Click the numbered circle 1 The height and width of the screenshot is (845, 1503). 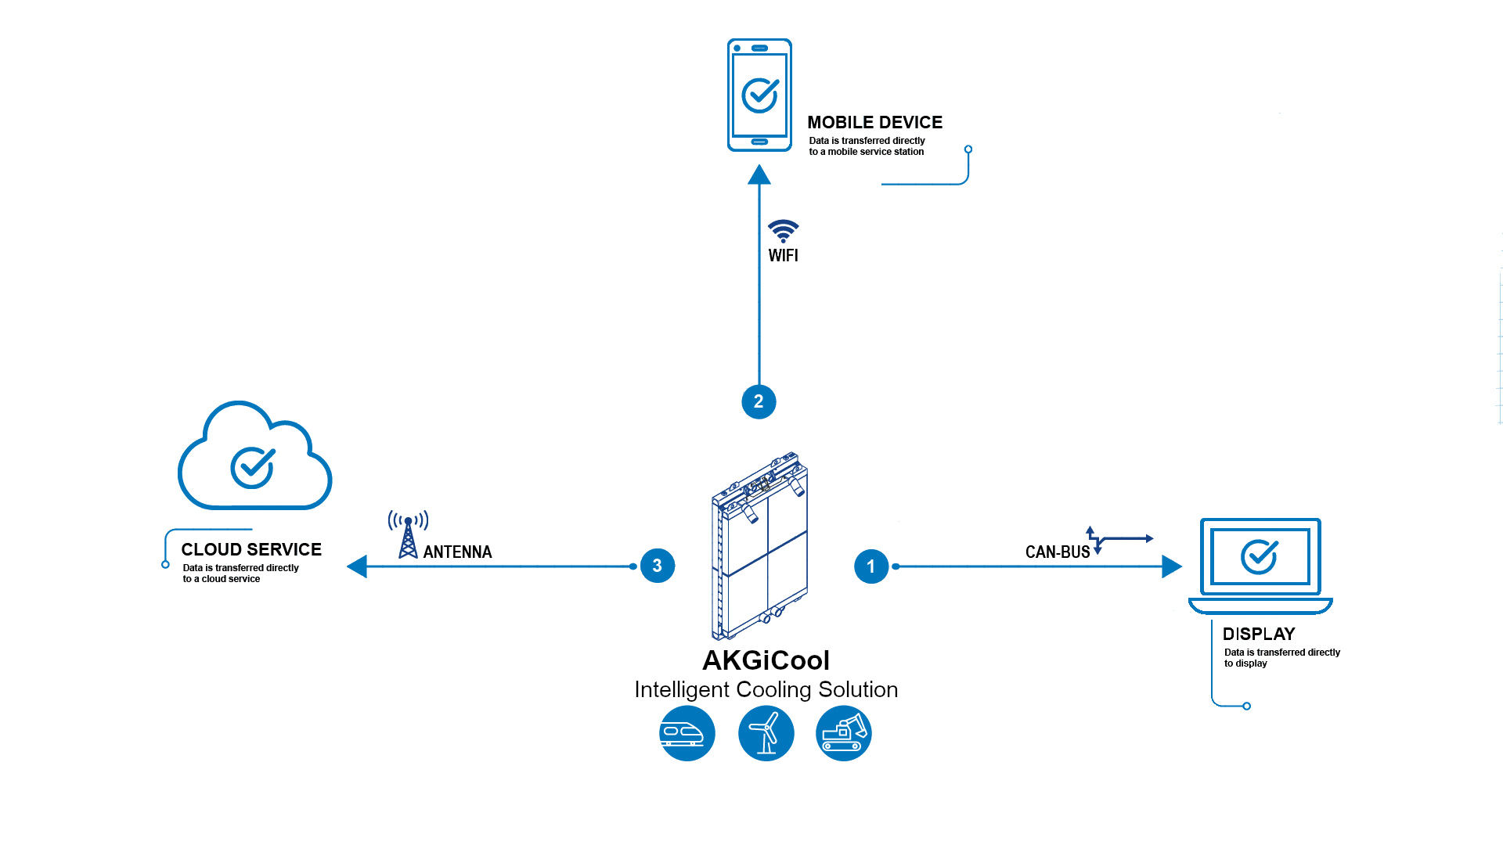point(871,566)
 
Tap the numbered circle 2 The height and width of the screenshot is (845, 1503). point(759,402)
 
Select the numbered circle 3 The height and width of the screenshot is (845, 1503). point(658,566)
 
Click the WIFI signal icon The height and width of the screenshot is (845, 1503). point(783,231)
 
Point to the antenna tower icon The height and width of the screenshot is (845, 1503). point(408,534)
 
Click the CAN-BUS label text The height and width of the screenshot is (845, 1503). point(1058,552)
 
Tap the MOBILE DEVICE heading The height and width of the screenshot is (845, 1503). point(875,123)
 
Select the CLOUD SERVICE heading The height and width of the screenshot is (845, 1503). point(251,550)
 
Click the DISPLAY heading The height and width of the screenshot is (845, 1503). point(1259,635)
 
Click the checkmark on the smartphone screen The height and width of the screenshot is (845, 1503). point(760,95)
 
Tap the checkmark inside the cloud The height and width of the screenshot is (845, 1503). point(253,468)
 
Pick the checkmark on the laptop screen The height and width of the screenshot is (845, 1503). point(1260,557)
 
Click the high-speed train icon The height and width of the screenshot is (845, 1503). point(687,733)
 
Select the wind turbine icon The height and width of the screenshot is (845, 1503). point(766,733)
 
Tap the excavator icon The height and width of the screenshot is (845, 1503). point(844,733)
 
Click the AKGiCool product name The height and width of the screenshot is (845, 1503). point(766,660)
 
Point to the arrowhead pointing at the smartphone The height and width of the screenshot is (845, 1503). point(759,174)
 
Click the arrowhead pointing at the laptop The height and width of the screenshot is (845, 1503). point(1172,566)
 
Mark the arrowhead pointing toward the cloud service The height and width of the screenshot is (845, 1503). point(357,566)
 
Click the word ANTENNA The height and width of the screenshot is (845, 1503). point(458,552)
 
